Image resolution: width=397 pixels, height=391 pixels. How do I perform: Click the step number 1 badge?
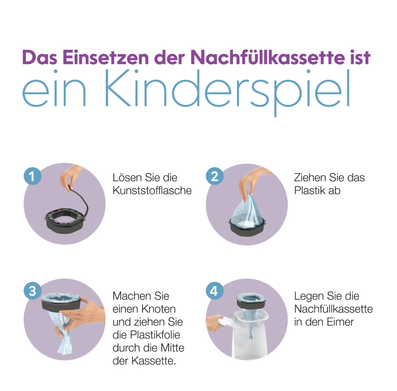[33, 176]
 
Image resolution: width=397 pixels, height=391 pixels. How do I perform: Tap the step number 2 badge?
[214, 176]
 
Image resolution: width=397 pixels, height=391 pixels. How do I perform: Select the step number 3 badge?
[33, 291]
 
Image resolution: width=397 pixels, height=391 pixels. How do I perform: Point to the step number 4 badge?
[214, 291]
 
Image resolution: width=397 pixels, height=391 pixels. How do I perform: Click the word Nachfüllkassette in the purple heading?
[268, 57]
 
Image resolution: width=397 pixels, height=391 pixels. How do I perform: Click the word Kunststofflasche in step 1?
[152, 191]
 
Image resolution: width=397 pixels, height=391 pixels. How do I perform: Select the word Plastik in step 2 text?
[309, 191]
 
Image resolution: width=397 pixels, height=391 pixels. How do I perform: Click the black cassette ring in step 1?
[65, 221]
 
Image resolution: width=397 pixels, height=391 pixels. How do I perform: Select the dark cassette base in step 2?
[247, 227]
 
